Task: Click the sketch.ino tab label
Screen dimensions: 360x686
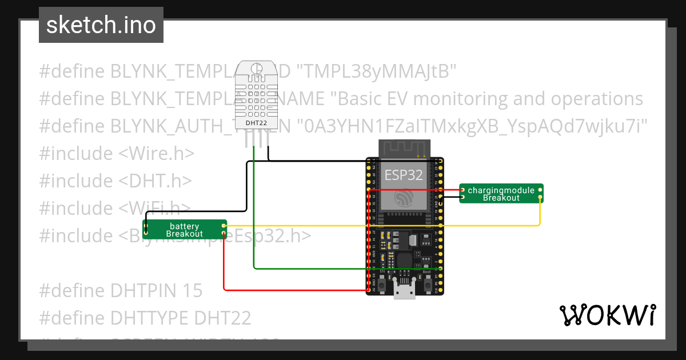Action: pos(101,25)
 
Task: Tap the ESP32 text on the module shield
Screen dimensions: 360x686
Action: pos(404,174)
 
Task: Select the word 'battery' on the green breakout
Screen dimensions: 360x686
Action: pos(185,226)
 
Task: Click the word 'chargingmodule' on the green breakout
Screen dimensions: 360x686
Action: pos(501,190)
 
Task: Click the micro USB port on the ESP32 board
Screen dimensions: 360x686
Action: pos(405,291)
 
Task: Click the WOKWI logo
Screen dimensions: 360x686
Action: pos(607,315)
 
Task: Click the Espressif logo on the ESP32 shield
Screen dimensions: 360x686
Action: pos(404,198)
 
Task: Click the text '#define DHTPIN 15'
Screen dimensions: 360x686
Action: pos(121,290)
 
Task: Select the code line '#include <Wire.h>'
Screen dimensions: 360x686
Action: pos(117,154)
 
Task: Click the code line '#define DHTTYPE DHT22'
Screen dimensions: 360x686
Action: pos(145,318)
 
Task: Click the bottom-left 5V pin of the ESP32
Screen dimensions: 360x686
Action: pos(368,290)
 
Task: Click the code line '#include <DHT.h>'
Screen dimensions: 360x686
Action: pos(115,181)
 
